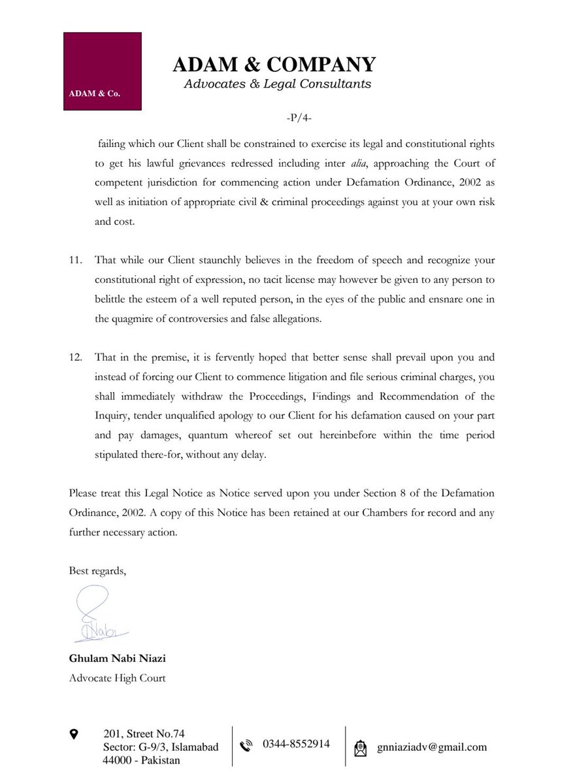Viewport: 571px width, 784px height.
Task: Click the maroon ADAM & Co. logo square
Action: pyautogui.click(x=102, y=71)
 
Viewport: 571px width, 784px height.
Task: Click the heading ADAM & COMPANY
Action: pyautogui.click(x=274, y=65)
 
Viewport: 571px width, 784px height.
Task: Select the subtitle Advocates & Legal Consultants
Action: pyautogui.click(x=278, y=84)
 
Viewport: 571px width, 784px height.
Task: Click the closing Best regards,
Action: pyautogui.click(x=98, y=570)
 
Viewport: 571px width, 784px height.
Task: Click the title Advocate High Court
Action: pyautogui.click(x=117, y=678)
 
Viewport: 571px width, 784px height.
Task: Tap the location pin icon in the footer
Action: pyautogui.click(x=74, y=735)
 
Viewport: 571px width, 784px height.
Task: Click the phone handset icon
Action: pyautogui.click(x=246, y=745)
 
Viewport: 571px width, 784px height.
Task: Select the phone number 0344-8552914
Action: pyautogui.click(x=296, y=744)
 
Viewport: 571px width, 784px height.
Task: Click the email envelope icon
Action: pyautogui.click(x=360, y=747)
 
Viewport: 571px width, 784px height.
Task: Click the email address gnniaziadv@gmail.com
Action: pyautogui.click(x=432, y=747)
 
